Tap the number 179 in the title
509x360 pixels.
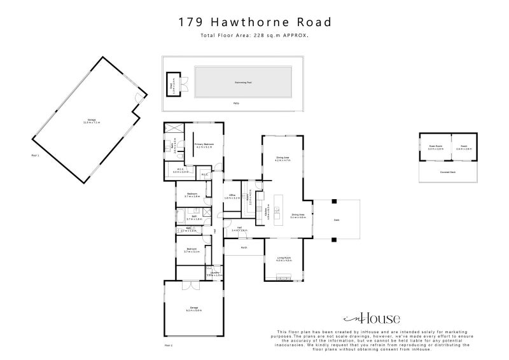[x=191, y=22]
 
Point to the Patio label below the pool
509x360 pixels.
[x=236, y=102]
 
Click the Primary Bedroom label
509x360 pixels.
[x=204, y=146]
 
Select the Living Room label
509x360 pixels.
[x=284, y=259]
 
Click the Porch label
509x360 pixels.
[x=244, y=247]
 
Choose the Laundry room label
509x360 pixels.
[x=215, y=274]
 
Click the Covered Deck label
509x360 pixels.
[x=448, y=172]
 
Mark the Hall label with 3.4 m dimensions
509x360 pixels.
[x=240, y=229]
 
